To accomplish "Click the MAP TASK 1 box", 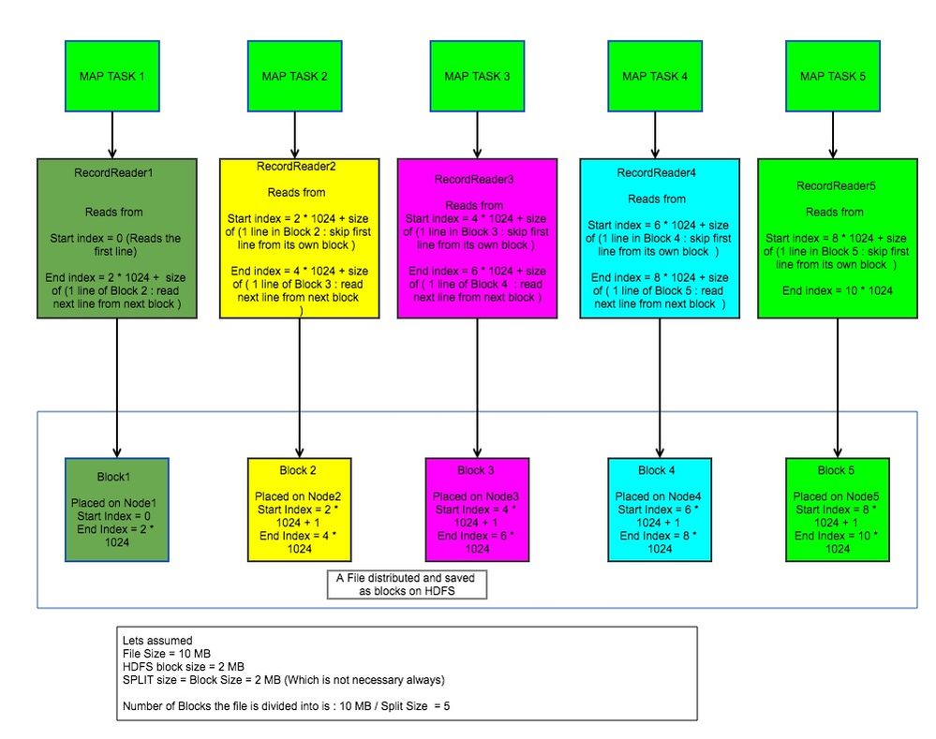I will [112, 76].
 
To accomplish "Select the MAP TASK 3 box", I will [476, 76].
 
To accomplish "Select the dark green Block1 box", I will [117, 510].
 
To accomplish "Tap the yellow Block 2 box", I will [299, 510].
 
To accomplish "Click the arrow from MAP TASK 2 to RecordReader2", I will [297, 135].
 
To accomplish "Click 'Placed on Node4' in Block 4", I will [656, 495].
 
